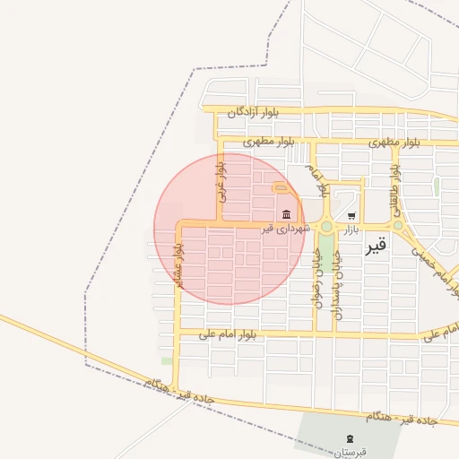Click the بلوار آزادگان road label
pos(254,112)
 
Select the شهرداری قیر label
pos(286,229)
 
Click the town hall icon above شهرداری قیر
pos(286,214)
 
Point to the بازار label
pos(350,229)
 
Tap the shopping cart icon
pos(351,215)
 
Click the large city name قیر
pos(377,245)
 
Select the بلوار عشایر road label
pos(178,264)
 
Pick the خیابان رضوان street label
pos(316,278)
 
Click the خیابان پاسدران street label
pos(338,278)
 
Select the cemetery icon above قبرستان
pos(349,438)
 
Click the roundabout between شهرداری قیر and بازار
pos(326,226)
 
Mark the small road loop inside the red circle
pos(281,187)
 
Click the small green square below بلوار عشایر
pos(167,360)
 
